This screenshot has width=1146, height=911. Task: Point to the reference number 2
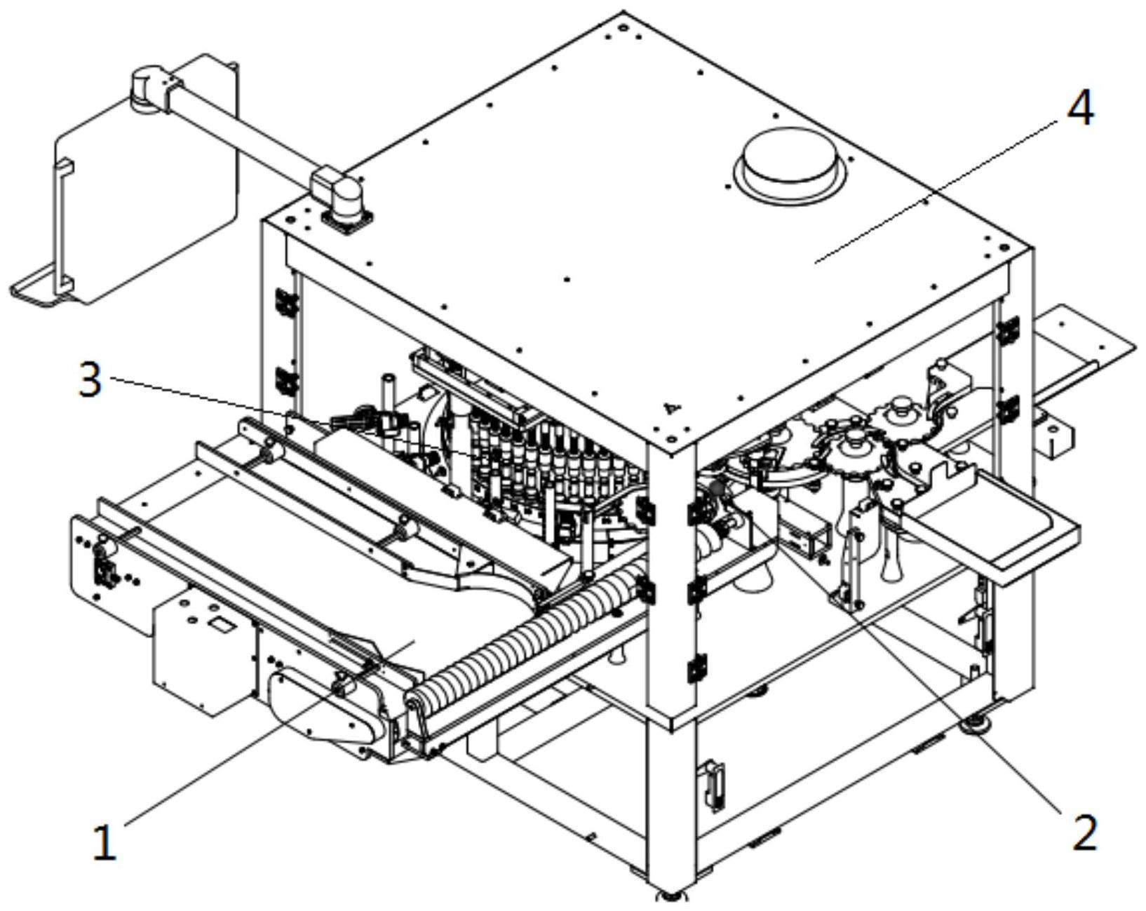[1084, 832]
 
